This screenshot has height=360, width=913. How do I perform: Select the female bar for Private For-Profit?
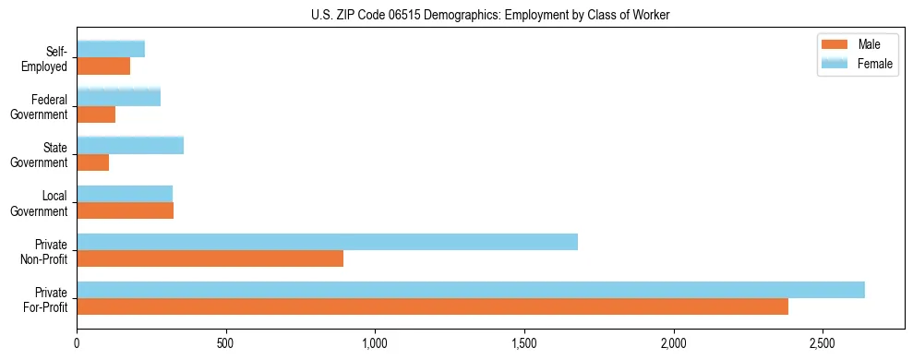(471, 290)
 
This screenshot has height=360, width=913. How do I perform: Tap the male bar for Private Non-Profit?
(210, 258)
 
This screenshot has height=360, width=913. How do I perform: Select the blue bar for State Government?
(130, 145)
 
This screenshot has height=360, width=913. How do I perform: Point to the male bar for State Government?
(93, 162)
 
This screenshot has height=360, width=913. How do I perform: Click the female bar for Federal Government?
(119, 97)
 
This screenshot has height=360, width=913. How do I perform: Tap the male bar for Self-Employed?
(103, 66)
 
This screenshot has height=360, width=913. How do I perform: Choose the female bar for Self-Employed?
(111, 49)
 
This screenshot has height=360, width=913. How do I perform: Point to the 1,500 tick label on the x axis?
(524, 343)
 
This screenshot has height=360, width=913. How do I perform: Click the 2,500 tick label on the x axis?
(823, 343)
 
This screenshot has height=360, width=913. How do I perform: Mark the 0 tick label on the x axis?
(78, 343)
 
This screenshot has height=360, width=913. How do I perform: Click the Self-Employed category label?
(46, 59)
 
